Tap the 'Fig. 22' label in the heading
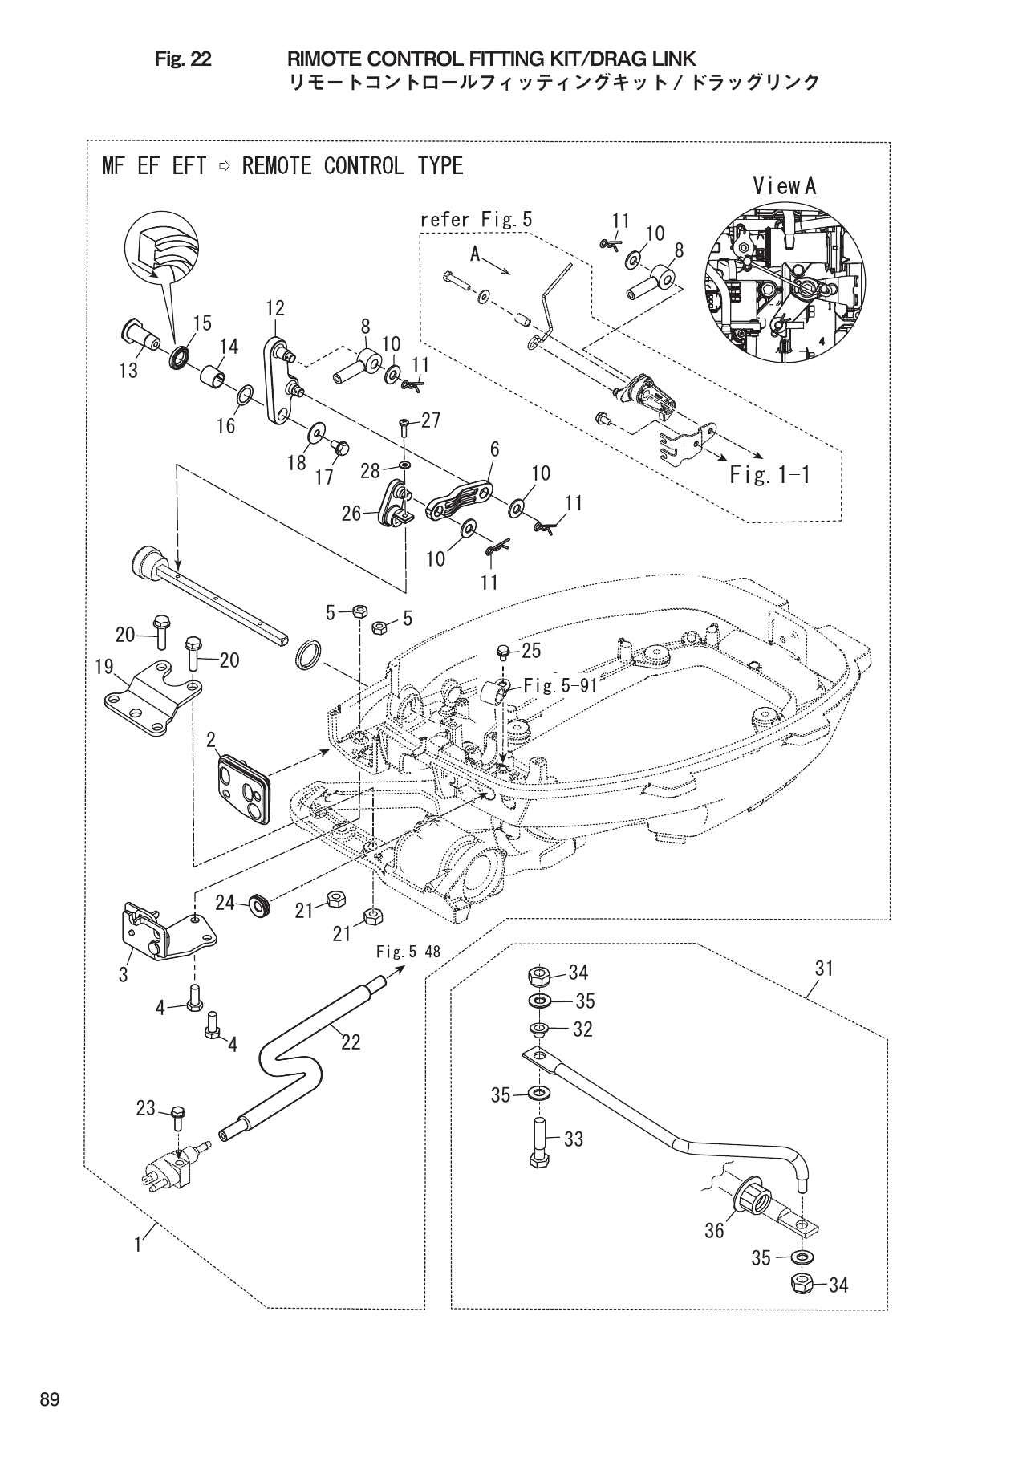(x=183, y=59)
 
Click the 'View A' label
(x=784, y=186)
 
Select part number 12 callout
(x=275, y=309)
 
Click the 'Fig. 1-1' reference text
(x=769, y=475)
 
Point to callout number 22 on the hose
(x=350, y=1042)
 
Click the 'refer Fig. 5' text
(x=476, y=220)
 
